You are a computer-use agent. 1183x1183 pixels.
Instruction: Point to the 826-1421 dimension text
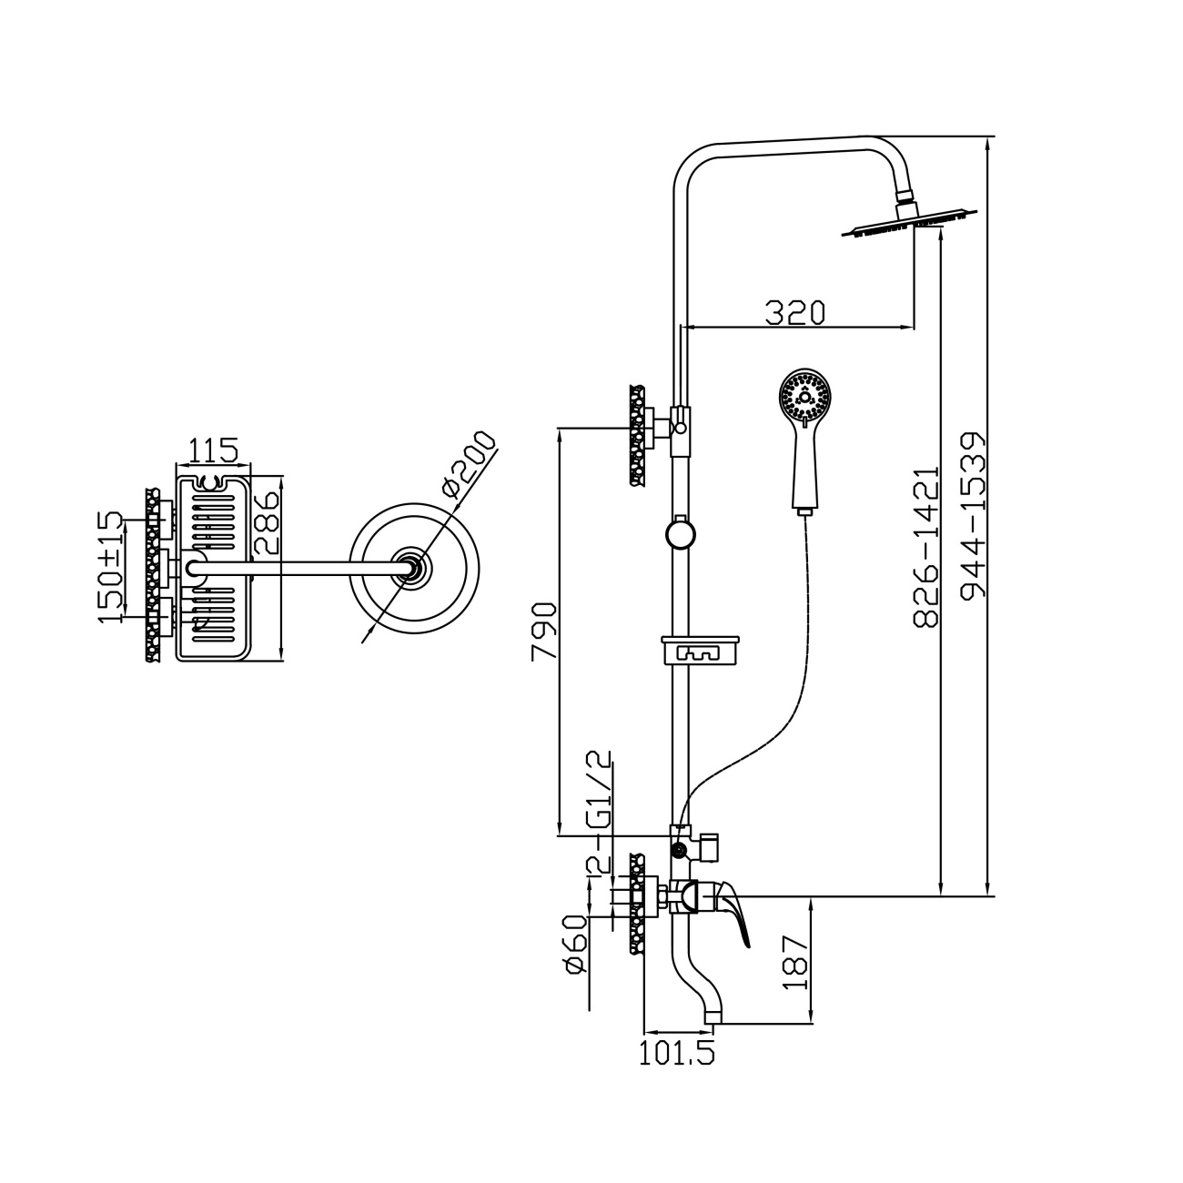[x=925, y=547]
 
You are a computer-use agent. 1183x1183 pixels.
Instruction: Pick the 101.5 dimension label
[x=677, y=1053]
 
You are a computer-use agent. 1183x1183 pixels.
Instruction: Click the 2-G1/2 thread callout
[x=599, y=813]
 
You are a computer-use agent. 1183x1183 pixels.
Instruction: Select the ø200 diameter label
[x=470, y=462]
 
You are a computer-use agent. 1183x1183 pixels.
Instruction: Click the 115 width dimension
[x=212, y=450]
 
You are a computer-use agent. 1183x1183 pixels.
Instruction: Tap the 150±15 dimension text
[x=111, y=567]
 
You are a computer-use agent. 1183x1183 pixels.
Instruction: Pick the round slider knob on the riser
[x=680, y=533]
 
